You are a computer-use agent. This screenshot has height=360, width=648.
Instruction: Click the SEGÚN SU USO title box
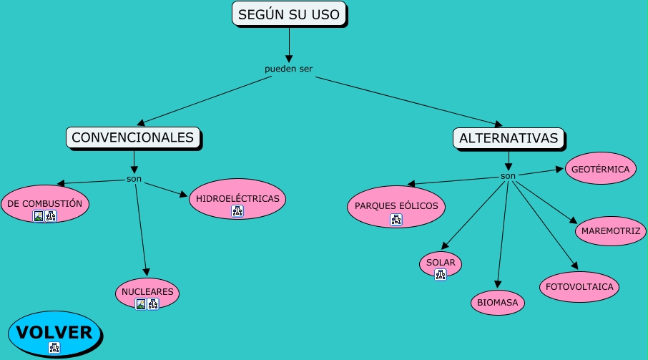point(289,14)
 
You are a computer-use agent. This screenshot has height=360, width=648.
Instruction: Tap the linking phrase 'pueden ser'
point(288,69)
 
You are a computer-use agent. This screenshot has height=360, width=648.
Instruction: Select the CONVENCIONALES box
point(133,137)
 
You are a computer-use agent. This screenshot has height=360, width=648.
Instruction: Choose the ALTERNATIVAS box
point(509,138)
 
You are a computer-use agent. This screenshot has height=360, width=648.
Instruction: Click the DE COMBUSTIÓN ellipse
point(45,203)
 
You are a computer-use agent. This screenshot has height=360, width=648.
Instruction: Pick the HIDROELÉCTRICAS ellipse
point(237,198)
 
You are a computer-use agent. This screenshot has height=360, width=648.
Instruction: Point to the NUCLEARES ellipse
point(147,292)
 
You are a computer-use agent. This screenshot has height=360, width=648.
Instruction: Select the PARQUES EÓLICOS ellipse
point(396,206)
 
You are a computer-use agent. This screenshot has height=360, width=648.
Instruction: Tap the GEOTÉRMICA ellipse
point(600,170)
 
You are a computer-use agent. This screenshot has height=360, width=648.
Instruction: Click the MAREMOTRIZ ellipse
point(611,230)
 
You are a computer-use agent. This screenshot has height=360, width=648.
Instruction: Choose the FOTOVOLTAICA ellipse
point(579,286)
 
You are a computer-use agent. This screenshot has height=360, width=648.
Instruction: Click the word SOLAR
point(441,262)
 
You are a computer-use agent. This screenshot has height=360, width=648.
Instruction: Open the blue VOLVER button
point(54,333)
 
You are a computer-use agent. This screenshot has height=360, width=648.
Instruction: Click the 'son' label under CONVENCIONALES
point(134,178)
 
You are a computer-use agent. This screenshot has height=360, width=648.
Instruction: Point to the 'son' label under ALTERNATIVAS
point(508,176)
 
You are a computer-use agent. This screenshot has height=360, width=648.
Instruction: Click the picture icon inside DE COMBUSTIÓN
point(39,216)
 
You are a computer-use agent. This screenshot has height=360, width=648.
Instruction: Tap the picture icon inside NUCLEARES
point(141,304)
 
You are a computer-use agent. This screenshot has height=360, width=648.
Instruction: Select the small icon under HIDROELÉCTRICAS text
point(237,210)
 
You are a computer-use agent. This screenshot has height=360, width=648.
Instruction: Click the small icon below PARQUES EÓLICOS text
point(396,220)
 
